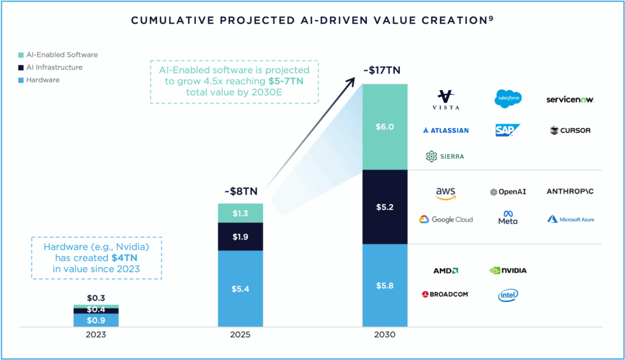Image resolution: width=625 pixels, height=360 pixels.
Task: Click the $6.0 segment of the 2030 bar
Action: click(385, 126)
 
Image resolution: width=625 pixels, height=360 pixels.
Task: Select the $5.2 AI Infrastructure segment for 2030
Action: click(385, 207)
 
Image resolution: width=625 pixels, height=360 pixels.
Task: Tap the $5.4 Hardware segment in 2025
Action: click(240, 288)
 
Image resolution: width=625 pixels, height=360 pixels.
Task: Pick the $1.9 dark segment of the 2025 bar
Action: click(240, 236)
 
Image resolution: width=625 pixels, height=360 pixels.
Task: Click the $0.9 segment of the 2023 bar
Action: click(96, 320)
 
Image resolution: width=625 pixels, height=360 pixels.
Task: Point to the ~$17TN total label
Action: click(381, 71)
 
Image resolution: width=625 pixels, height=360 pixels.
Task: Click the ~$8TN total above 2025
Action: click(240, 191)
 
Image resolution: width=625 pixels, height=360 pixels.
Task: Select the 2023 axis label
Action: click(96, 336)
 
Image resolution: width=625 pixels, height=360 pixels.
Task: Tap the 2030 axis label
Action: click(385, 336)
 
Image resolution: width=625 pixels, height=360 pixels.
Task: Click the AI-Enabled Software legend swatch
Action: click(21, 55)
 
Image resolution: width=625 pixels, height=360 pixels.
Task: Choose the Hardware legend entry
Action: click(43, 80)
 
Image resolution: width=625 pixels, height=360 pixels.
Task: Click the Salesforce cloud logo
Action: click(508, 99)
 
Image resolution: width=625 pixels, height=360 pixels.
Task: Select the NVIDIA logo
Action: click(508, 270)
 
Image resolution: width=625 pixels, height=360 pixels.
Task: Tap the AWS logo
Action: click(446, 193)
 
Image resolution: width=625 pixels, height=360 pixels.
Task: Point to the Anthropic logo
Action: click(569, 192)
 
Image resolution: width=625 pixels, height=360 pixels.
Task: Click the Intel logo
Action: click(508, 295)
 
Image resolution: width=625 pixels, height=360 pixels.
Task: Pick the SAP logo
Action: click(508, 130)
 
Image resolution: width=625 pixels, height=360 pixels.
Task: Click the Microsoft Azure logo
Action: click(570, 219)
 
